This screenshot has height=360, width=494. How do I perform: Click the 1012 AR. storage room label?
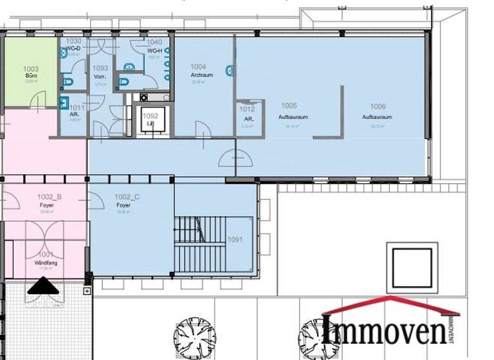[247, 114]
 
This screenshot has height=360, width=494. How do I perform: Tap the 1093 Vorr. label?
[100, 72]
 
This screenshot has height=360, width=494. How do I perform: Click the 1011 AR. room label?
[75, 112]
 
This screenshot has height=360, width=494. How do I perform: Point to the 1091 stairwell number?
[235, 240]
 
